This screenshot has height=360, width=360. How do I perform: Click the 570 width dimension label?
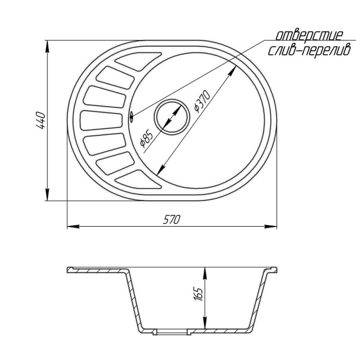tap(171, 220)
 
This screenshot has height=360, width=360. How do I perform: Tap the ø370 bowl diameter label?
tap(202, 101)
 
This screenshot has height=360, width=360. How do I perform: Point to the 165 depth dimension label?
tap(198, 294)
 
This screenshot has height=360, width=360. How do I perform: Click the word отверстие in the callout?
tap(309, 36)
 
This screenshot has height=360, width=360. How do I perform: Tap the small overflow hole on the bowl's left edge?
tap(131, 116)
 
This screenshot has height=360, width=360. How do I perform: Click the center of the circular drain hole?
tap(172, 117)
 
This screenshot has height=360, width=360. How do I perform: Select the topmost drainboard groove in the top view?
tap(138, 61)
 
